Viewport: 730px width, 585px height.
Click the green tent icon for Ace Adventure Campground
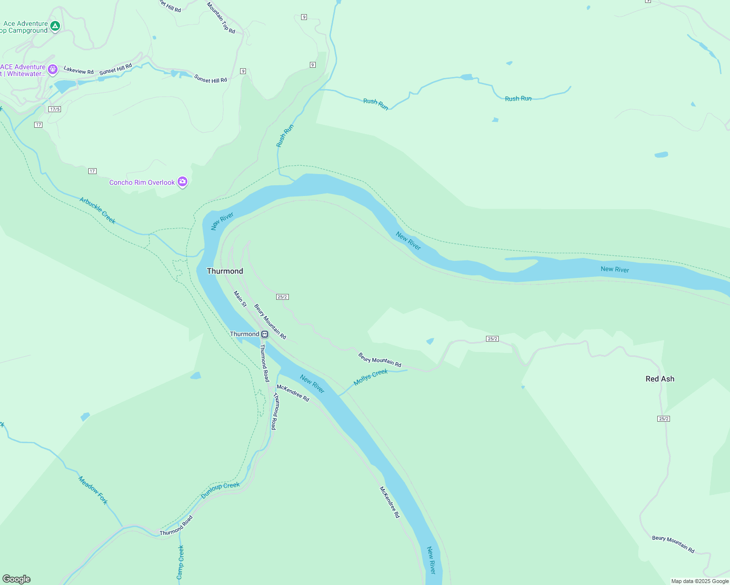tap(55, 26)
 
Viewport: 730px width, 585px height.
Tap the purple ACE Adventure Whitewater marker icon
tap(53, 70)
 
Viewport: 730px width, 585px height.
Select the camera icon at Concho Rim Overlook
tap(182, 182)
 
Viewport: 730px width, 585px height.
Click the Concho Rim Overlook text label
tap(142, 183)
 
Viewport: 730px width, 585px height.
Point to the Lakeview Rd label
tap(79, 71)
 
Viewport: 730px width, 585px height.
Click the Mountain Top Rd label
tap(221, 18)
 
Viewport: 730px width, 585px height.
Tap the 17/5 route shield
tap(55, 109)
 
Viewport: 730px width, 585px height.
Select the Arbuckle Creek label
tap(98, 211)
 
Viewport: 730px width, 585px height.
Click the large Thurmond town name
tap(225, 271)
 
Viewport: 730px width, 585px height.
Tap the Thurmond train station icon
tap(264, 334)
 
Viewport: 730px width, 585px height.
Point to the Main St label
tap(240, 299)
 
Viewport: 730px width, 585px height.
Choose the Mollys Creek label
tap(370, 377)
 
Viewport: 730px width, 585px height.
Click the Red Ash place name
tap(660, 379)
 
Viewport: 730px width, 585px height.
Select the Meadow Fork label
tap(93, 490)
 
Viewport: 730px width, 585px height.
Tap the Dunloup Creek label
tap(221, 490)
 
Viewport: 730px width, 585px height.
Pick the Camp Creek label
tap(181, 562)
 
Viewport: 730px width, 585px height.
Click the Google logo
tap(17, 579)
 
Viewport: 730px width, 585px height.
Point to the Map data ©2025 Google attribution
tap(700, 581)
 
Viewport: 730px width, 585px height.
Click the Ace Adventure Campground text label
tap(24, 27)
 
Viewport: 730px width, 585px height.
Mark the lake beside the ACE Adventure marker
tap(65, 86)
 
